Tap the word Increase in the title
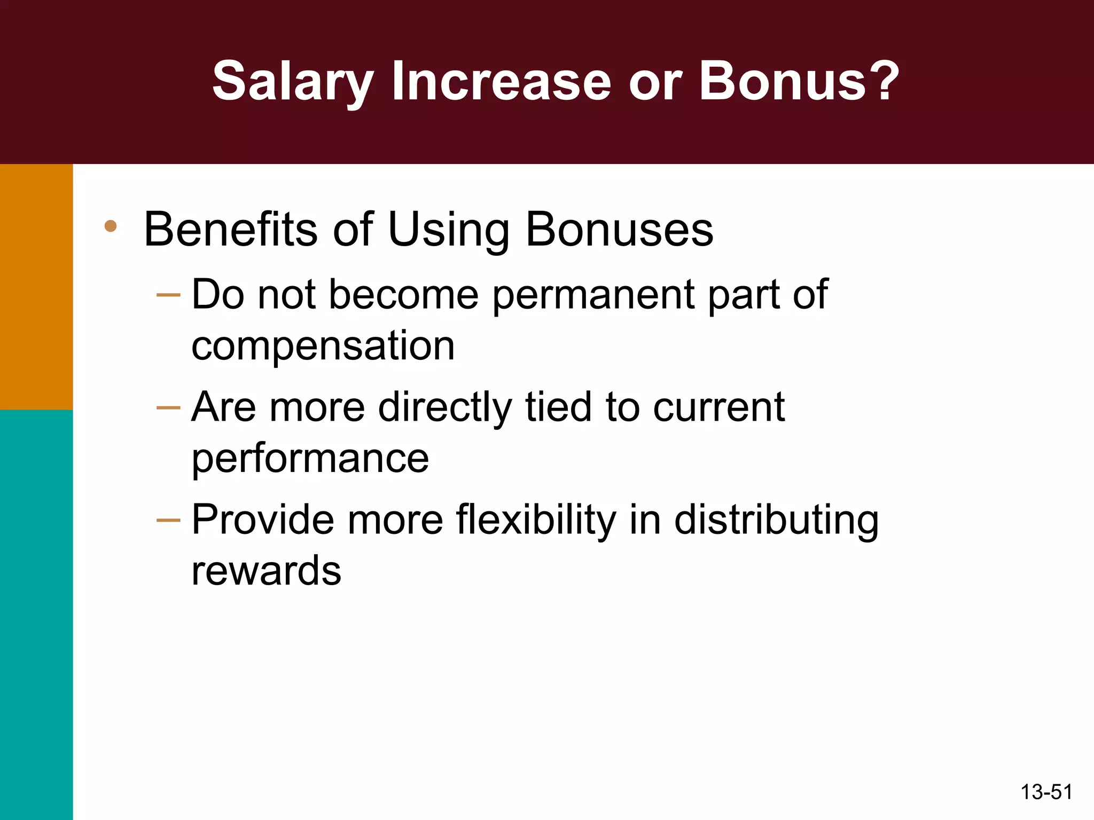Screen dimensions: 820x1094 [501, 81]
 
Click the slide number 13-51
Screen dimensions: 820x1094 [1046, 792]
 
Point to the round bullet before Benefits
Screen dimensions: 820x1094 [111, 226]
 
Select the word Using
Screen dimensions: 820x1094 [448, 231]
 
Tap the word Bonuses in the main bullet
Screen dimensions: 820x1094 [619, 230]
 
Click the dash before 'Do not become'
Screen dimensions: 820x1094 [168, 295]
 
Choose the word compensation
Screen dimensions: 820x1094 [323, 345]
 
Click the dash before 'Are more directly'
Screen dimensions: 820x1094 [168, 408]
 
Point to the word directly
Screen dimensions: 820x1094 [445, 408]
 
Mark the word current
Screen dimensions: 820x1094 [718, 407]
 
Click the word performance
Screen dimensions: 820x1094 [310, 459]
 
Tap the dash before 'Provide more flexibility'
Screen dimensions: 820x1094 [168, 521]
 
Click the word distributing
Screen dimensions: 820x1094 [776, 521]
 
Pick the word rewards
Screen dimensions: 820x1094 [266, 571]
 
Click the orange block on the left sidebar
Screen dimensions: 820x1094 [36, 287]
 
